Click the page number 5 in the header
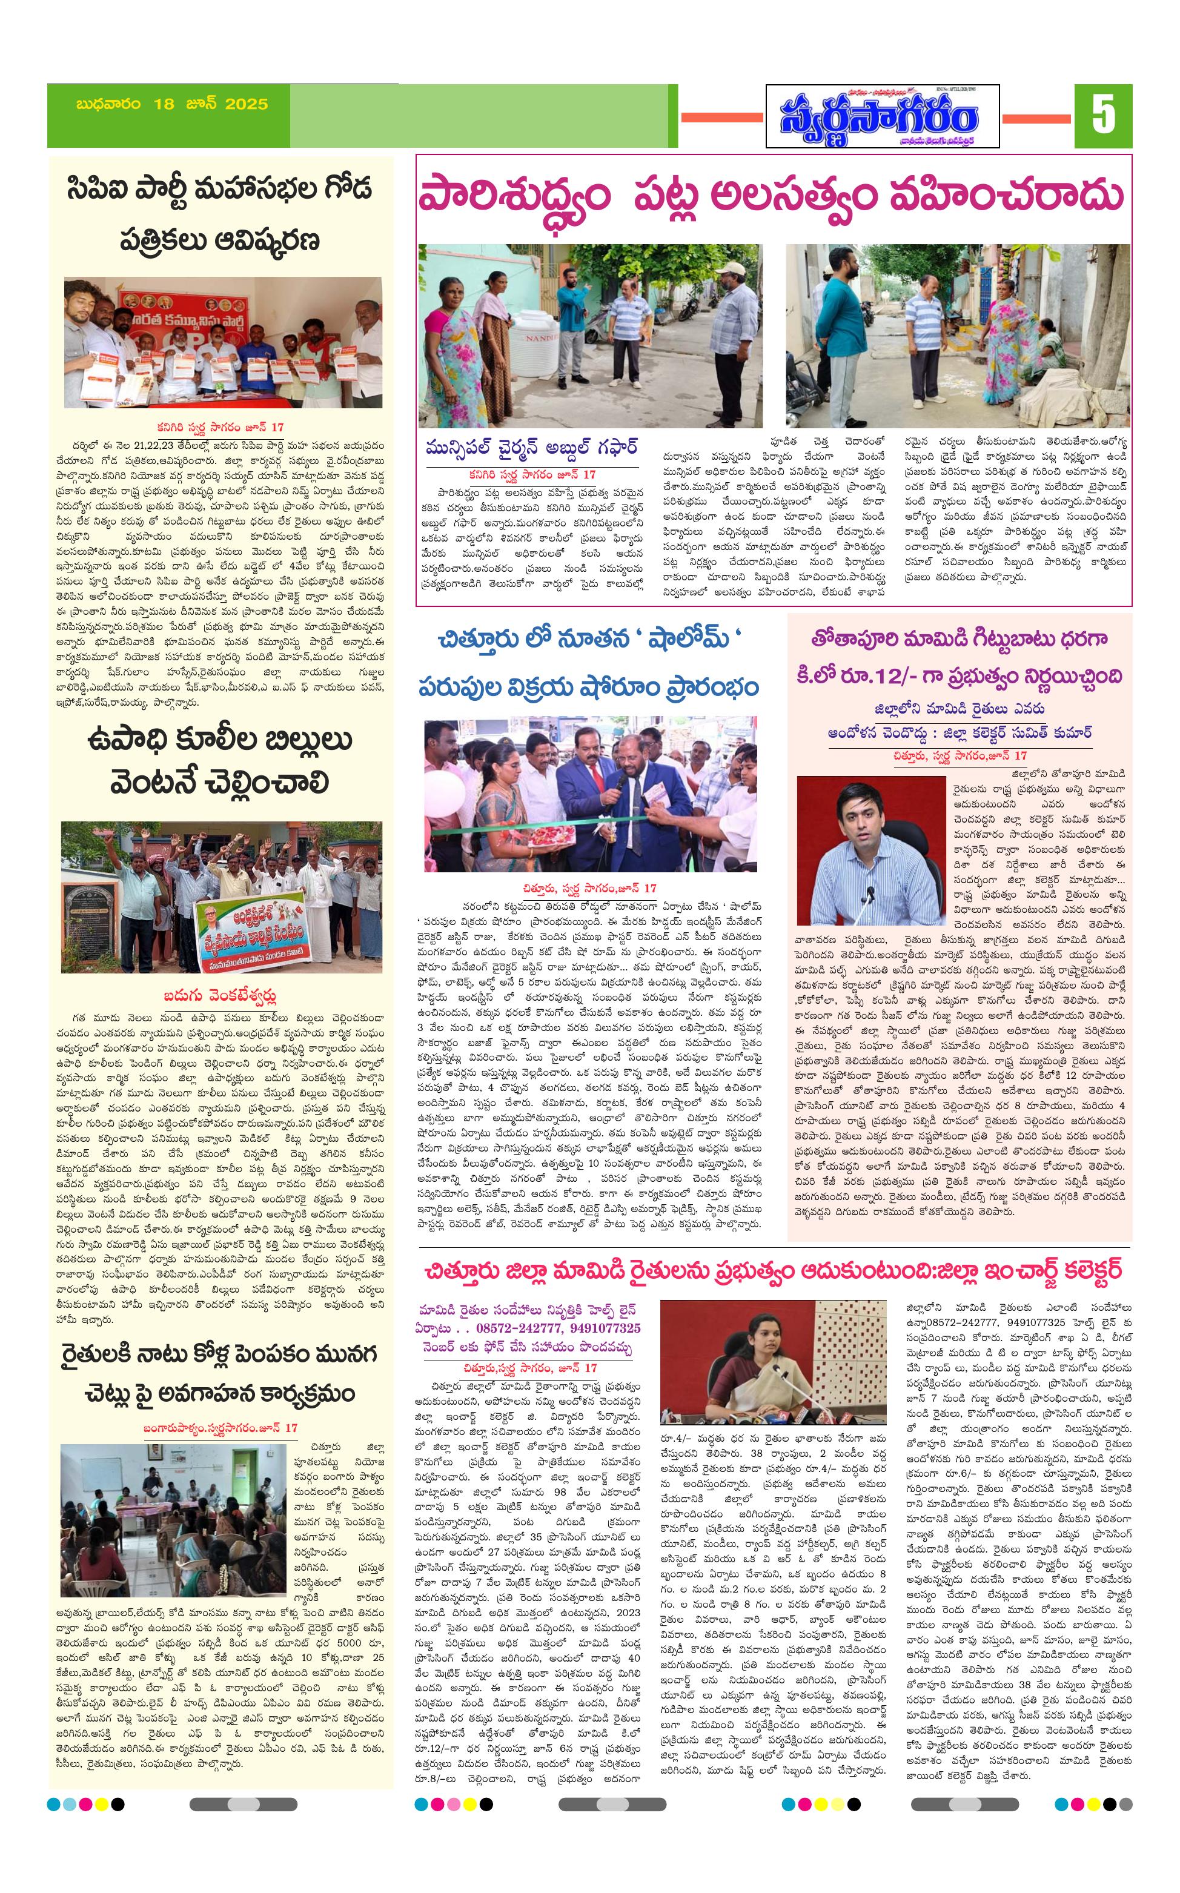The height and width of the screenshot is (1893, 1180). pyautogui.click(x=1102, y=116)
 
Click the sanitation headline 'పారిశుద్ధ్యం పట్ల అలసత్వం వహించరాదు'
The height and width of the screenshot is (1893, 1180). pyautogui.click(x=771, y=196)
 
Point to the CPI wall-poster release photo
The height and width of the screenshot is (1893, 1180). pyautogui.click(x=223, y=342)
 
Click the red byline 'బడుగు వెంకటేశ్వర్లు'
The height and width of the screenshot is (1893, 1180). pyautogui.click(x=220, y=996)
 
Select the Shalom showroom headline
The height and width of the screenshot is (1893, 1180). pyautogui.click(x=588, y=663)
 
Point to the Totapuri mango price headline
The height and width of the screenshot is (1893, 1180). pyautogui.click(x=959, y=657)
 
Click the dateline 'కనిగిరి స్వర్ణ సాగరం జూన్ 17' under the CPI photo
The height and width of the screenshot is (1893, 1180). pyautogui.click(x=219, y=428)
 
